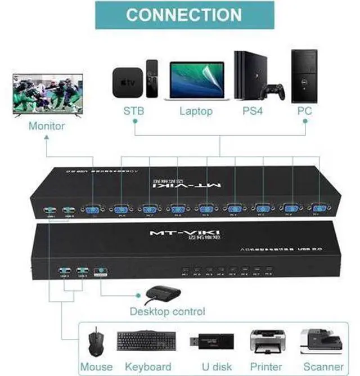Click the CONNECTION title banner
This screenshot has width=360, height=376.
184,15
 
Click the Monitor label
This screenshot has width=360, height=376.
46,126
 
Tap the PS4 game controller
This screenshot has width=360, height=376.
275,90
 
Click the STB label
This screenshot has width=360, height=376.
134,111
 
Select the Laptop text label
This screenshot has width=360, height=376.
196,111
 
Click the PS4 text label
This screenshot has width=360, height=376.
253,111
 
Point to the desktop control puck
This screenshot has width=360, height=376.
163,294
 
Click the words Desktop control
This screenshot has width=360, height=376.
168,311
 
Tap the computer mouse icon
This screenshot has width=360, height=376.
96,342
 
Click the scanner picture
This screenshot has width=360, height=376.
321,341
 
